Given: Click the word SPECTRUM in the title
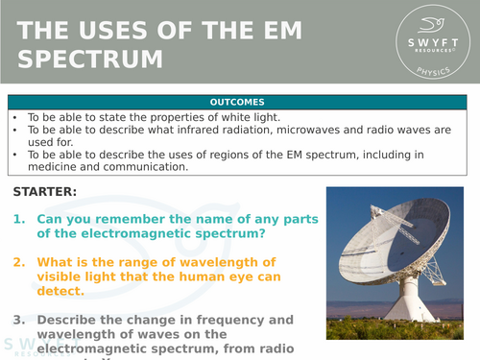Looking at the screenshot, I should pos(90,59).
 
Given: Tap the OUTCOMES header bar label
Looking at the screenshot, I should pos(240,101).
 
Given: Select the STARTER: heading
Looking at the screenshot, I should pos(45,192).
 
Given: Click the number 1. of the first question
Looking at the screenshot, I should pos(20,219).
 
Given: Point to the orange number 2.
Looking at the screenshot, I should pos(20,262).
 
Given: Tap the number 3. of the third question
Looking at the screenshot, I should pos(20,320).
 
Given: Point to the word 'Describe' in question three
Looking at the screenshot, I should pos(72,320).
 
